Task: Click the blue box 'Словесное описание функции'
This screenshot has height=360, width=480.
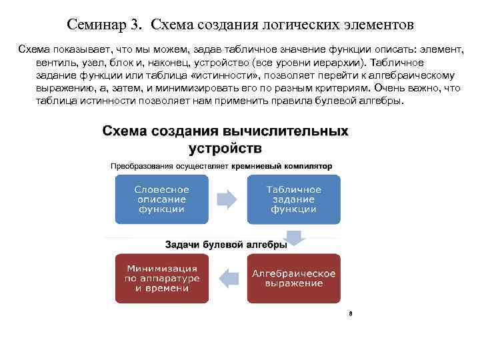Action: [161, 199]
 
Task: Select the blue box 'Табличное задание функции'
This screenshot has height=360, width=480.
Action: [293, 199]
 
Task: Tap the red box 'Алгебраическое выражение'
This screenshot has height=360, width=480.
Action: [293, 278]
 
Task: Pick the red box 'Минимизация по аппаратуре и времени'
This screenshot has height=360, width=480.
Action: [161, 278]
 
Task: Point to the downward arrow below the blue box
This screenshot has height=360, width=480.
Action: [293, 238]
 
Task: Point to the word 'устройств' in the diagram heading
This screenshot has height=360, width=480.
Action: [225, 147]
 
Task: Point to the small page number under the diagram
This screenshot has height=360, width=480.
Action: [349, 313]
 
